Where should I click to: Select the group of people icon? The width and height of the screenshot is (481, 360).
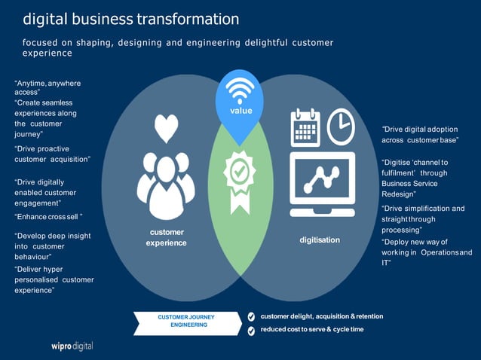165,184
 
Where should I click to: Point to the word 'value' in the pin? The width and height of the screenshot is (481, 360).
240,111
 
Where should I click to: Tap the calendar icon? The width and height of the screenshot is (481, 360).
305,127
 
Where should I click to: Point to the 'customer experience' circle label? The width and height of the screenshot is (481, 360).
166,237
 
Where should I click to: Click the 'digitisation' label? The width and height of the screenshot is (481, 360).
320,240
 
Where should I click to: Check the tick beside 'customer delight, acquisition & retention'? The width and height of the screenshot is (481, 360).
252,316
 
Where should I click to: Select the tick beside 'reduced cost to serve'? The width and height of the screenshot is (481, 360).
252,330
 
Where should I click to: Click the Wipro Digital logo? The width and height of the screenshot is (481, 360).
67,346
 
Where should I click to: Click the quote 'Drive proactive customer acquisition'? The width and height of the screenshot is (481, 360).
52,154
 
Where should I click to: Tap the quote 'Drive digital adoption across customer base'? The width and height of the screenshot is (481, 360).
420,135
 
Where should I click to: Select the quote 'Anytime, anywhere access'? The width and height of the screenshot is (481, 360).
47,87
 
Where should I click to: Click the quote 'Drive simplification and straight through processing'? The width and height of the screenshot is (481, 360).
422,218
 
